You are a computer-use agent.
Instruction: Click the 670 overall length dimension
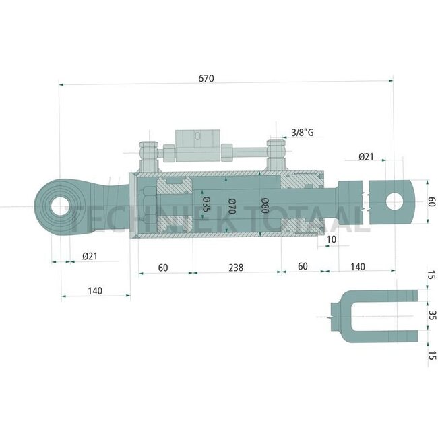(x=206, y=78)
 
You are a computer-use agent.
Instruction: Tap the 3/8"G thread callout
(x=303, y=133)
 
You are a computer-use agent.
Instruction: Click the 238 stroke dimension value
(x=234, y=268)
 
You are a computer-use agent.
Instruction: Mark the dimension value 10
(x=332, y=239)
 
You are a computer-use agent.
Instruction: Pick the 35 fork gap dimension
(x=431, y=315)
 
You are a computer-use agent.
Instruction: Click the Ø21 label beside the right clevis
(x=366, y=156)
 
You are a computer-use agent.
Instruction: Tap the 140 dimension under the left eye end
(x=94, y=290)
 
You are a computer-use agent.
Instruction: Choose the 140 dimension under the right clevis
(x=357, y=268)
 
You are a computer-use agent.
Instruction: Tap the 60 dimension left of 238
(x=163, y=268)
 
